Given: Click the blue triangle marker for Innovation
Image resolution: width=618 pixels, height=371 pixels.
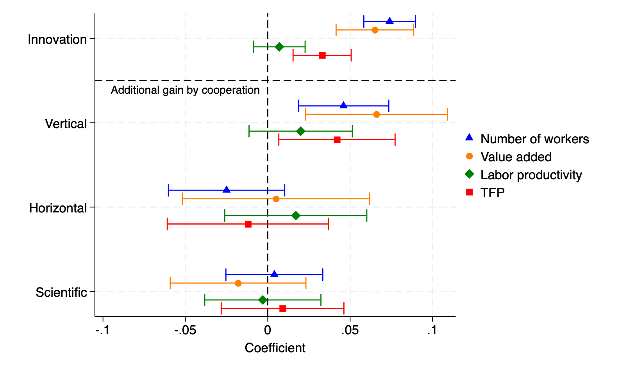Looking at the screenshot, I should (x=389, y=21).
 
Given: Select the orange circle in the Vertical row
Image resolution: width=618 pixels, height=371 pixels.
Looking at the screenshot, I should (x=377, y=114).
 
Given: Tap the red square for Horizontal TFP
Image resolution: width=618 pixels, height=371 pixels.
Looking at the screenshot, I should (x=248, y=224).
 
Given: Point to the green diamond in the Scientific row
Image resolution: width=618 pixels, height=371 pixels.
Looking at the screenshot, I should (x=263, y=300).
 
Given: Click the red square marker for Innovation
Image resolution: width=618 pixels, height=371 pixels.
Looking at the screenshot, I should (x=322, y=55).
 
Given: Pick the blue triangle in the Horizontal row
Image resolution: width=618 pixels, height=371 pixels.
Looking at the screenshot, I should (x=227, y=190).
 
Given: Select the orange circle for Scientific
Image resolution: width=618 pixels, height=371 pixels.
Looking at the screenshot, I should (x=238, y=283).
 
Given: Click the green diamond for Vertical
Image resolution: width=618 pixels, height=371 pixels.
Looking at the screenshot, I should (x=300, y=131).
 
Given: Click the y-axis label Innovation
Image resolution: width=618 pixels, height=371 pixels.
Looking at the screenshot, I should (x=57, y=39).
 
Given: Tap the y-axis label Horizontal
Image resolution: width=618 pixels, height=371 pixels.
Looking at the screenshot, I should (x=58, y=208).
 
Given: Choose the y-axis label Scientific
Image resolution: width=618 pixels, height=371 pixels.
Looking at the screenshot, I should (x=61, y=293).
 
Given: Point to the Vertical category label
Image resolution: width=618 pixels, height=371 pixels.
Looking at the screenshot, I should (x=66, y=124).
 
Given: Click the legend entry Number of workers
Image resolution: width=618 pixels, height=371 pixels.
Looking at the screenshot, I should (x=534, y=139).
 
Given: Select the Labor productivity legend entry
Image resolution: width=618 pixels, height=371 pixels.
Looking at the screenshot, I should (x=531, y=175).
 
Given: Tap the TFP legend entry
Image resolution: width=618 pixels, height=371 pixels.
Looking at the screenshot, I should (x=492, y=193).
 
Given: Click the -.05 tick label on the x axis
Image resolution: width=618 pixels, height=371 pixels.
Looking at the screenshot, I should (x=185, y=331).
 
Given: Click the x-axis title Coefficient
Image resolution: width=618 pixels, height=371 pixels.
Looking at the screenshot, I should (x=275, y=348).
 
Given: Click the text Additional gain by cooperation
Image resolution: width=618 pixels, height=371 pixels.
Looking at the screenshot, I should (x=185, y=90).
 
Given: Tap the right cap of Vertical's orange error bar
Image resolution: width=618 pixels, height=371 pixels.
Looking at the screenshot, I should (x=447, y=114).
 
